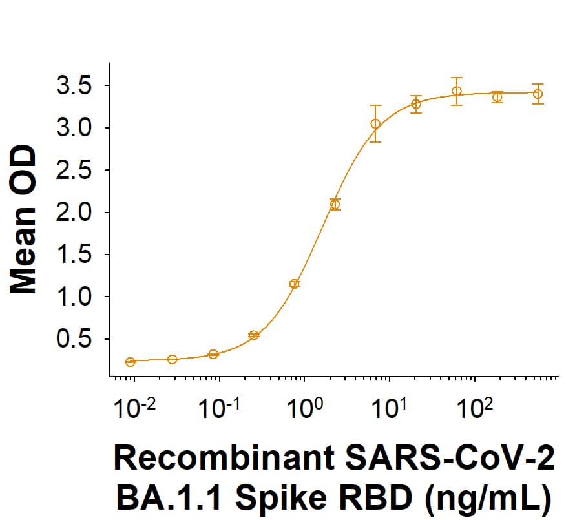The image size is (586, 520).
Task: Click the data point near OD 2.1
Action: tap(335, 204)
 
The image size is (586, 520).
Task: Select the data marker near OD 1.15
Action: tap(295, 284)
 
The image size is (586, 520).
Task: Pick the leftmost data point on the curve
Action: tap(131, 362)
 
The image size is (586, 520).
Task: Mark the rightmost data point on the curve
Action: tap(538, 94)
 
